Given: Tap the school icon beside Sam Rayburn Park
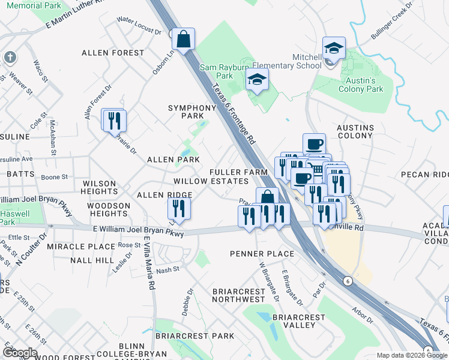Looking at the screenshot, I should pos(257,80).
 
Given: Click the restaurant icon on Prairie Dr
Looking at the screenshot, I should pos(113,120).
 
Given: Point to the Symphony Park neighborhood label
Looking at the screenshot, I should pos(191,112).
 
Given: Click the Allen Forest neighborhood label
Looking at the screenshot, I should pos(113,53).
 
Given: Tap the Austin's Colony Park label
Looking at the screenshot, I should pos(364,85).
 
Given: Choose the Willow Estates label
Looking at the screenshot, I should pos(211,181).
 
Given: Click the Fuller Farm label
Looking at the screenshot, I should pos(238,172).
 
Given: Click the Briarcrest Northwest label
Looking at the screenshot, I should pos(239,295).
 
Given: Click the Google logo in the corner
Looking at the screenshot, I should pos(19,352).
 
